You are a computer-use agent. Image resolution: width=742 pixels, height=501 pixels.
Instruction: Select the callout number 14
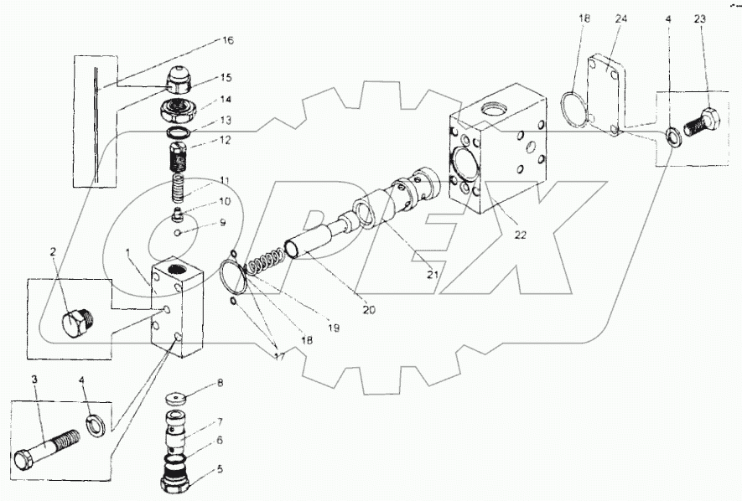pos(201,99)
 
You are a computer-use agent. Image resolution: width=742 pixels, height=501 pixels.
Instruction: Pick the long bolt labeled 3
pos(46,449)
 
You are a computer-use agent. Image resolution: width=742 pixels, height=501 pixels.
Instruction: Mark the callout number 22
pos(521,235)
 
